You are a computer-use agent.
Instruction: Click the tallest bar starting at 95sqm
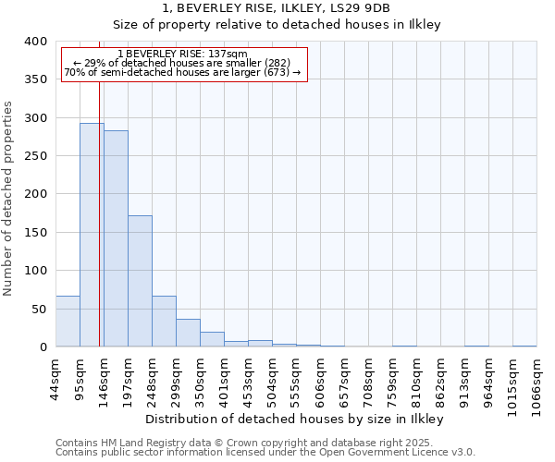pos(92,235)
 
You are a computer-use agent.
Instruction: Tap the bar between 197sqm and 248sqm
pos(140,281)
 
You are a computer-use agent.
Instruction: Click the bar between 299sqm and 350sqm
pos(188,333)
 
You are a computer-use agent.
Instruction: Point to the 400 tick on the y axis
pos(34,42)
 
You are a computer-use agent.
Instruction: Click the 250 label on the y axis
pos(34,156)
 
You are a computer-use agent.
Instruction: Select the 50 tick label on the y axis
pos(38,309)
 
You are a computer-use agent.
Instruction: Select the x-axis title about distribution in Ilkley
pos(294,419)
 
